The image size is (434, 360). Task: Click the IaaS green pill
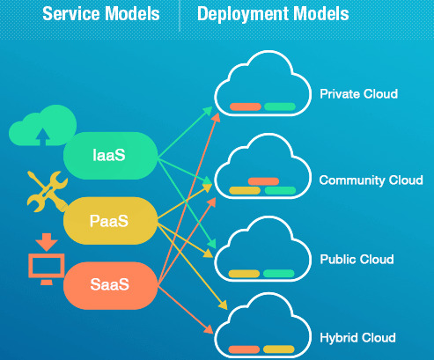pos(108,155)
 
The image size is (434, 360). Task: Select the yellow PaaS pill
pos(108,219)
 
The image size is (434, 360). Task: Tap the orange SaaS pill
pos(108,284)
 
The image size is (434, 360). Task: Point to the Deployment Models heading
pos(273,15)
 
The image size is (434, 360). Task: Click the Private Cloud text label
pos(358,93)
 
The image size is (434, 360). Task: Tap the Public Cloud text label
pos(357,260)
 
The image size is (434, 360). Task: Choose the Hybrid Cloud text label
pos(357,337)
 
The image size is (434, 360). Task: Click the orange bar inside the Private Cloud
pos(245,107)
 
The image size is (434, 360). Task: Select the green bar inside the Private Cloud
pos(279,107)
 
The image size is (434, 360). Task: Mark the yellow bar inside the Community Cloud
pos(245,190)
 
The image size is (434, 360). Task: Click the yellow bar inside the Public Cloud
pos(245,273)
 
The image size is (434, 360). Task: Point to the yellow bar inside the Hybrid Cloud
pos(279,350)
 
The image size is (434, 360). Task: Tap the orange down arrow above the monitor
pos(42,240)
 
